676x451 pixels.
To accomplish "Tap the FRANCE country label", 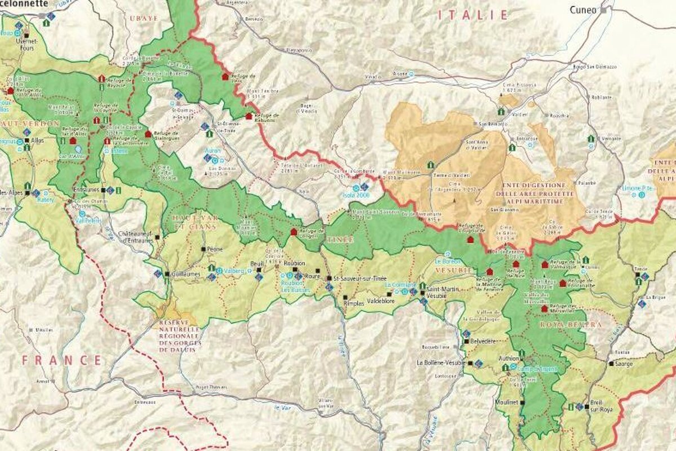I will click(63, 360).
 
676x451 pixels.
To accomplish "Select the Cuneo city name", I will click(584, 10).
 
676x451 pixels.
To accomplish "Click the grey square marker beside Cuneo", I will click(604, 10).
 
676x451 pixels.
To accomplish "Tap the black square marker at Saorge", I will click(611, 364).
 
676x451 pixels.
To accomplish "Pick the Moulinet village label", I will click(506, 403).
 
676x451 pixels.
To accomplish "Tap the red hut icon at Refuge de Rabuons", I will click(248, 116).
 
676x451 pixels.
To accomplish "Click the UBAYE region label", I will click(141, 19).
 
